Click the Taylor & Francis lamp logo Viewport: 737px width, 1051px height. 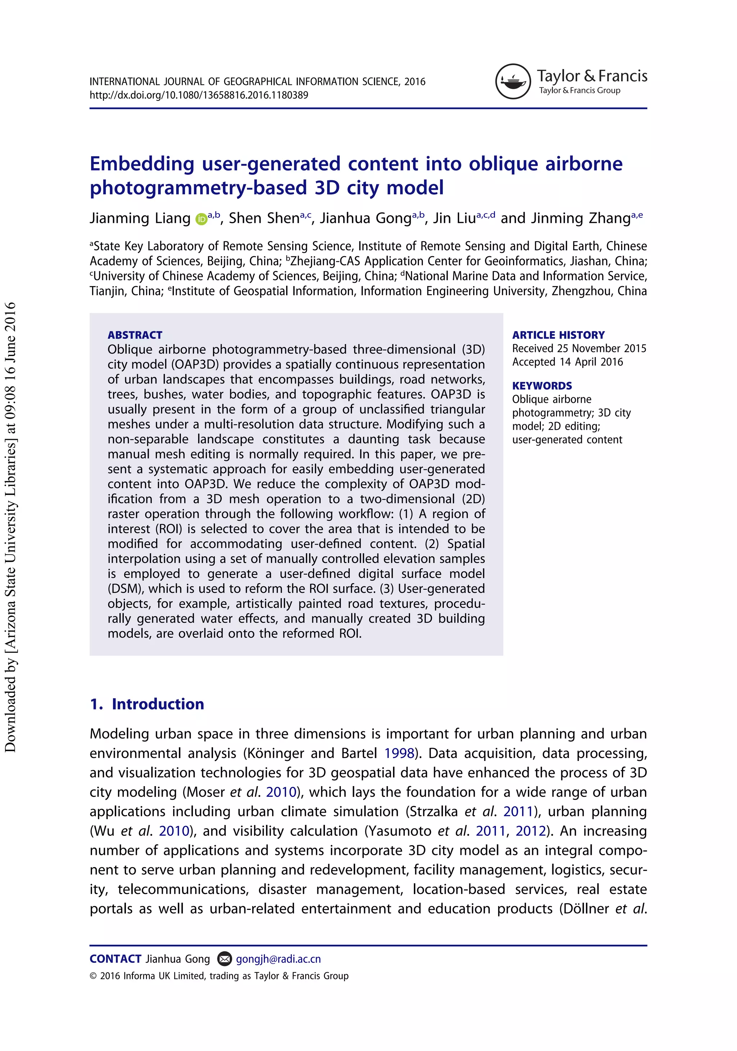point(513,81)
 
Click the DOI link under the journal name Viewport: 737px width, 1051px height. point(199,95)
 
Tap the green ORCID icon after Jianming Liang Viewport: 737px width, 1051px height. point(201,219)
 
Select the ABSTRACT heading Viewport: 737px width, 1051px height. point(135,335)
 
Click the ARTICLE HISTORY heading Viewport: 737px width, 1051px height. point(558,335)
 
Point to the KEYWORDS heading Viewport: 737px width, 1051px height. point(542,386)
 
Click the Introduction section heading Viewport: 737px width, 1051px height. point(158,704)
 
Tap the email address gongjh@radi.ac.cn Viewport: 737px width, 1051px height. point(278,958)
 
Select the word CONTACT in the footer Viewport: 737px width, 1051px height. point(116,958)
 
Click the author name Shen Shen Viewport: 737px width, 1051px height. point(264,218)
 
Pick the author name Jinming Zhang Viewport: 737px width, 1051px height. point(580,218)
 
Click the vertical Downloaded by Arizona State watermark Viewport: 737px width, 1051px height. point(10,527)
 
